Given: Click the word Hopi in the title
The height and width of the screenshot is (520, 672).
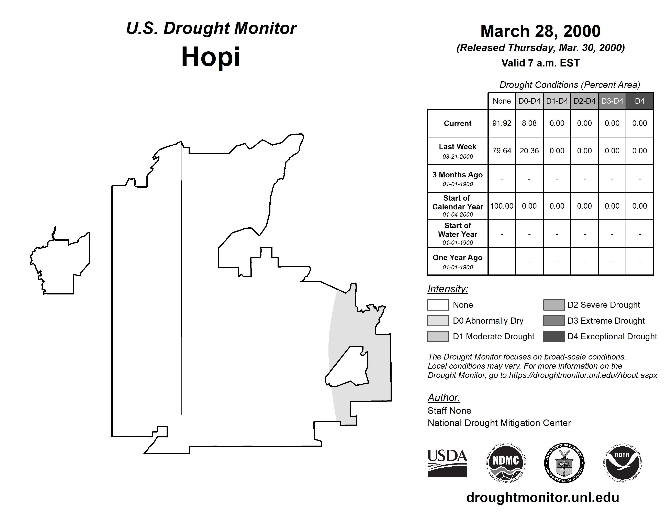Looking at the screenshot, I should (x=211, y=57).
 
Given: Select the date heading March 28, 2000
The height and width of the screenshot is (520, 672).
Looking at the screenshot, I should (x=540, y=31).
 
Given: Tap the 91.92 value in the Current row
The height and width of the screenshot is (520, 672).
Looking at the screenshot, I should (x=502, y=123).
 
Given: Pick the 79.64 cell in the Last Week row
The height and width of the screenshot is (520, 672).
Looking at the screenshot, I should (x=502, y=151).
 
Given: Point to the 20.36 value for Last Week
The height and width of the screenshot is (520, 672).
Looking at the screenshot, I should (x=529, y=151).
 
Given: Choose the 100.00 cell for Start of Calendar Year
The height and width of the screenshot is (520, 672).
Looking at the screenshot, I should (x=502, y=206).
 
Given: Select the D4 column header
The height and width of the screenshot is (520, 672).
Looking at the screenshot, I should (x=639, y=101).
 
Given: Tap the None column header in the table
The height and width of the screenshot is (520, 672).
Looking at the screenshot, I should (x=502, y=101).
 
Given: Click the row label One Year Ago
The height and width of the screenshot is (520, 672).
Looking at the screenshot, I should (x=458, y=258).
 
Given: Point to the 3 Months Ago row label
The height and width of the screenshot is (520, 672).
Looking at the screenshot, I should (x=458, y=175).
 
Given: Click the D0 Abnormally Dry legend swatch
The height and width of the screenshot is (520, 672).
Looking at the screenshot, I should (x=438, y=320).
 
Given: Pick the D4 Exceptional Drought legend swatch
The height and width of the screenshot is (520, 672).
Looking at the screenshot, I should (x=554, y=336).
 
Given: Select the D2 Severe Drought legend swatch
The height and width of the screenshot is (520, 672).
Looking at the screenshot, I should (x=554, y=305).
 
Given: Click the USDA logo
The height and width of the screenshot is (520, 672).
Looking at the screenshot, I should (x=447, y=463).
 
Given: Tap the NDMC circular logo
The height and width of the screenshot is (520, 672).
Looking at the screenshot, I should (x=506, y=463).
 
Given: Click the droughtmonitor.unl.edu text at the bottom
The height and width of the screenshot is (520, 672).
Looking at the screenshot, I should (x=542, y=498).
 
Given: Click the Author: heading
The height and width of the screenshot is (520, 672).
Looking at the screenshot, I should (x=444, y=397).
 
